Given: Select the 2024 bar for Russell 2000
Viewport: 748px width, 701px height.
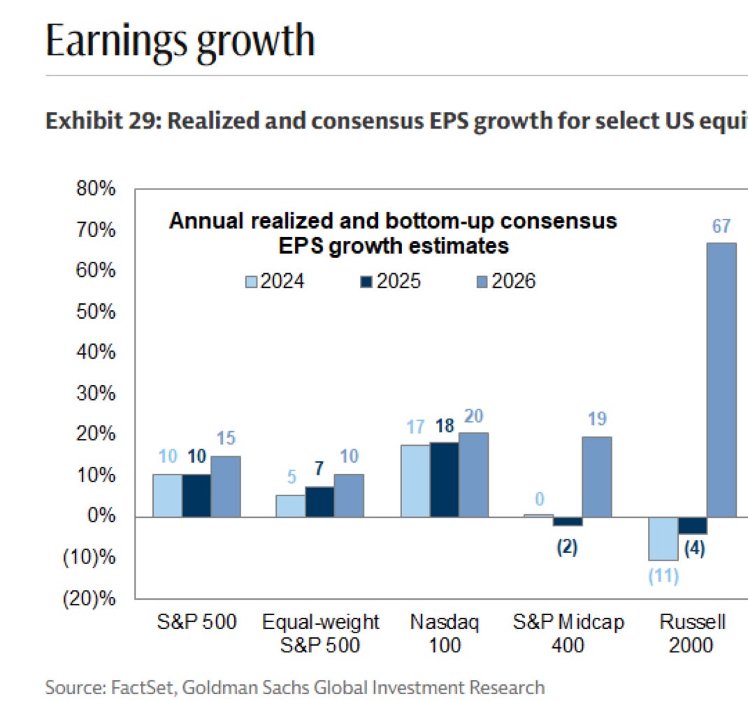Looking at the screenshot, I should point(663,538).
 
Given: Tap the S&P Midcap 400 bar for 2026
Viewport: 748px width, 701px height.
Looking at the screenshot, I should point(597,477).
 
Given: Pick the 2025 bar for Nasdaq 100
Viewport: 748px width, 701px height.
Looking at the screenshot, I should point(445,479).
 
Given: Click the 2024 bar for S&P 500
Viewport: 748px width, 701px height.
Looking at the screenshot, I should point(168,496).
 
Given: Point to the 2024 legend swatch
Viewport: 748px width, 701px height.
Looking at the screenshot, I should point(252,282).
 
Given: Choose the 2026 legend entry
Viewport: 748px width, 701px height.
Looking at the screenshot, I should point(505,281).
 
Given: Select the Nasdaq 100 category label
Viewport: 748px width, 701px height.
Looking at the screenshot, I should point(445,633).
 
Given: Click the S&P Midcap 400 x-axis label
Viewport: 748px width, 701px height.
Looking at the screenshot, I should point(568,633).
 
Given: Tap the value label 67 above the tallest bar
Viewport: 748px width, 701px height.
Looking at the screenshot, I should point(721,226).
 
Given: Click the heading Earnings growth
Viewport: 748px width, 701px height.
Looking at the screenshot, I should point(180,41).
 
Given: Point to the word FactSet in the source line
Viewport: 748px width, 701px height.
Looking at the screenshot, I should point(143,687).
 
